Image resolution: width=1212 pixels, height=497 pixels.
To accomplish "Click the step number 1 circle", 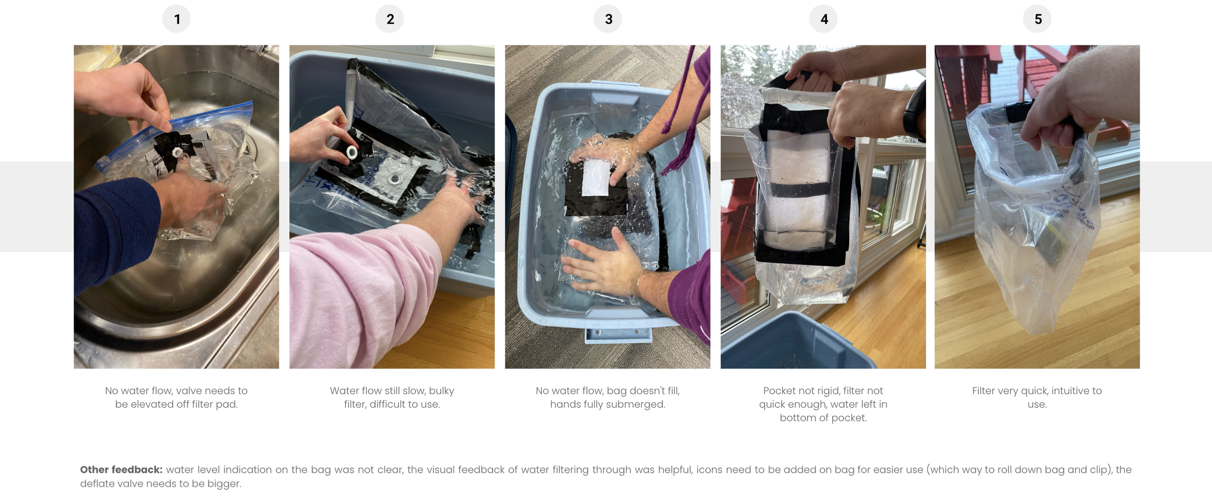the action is pyautogui.click(x=176, y=19).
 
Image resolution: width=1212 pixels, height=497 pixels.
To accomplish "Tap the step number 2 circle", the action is pyautogui.click(x=390, y=19).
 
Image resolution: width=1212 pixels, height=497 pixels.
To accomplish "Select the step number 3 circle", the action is pyautogui.click(x=608, y=19).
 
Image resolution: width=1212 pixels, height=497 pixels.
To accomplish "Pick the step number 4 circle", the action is pyautogui.click(x=824, y=19).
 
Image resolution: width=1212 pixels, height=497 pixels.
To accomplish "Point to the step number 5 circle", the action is pyautogui.click(x=1037, y=19).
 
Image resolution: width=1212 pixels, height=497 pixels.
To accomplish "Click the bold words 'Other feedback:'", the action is pyautogui.click(x=121, y=469).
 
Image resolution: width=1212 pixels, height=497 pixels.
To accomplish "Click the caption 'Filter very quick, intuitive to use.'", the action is pyautogui.click(x=1037, y=397).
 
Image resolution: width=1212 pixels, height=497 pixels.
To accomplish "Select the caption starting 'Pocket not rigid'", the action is pyautogui.click(x=823, y=404).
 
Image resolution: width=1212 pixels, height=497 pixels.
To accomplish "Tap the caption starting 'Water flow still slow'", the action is pyautogui.click(x=392, y=397).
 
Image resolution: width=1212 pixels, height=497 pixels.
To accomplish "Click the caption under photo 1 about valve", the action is pyautogui.click(x=176, y=397).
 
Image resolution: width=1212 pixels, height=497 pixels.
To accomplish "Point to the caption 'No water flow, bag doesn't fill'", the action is pyautogui.click(x=607, y=397).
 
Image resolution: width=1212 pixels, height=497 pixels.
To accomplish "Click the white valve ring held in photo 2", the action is pyautogui.click(x=352, y=153).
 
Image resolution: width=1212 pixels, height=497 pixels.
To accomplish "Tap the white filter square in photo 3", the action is pyautogui.click(x=596, y=177).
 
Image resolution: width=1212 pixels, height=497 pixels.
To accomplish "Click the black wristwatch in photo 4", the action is pyautogui.click(x=914, y=112).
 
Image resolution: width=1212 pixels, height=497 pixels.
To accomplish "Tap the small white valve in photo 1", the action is pyautogui.click(x=177, y=152).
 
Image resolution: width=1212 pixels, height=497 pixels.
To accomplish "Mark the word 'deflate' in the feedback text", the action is pyautogui.click(x=96, y=483).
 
